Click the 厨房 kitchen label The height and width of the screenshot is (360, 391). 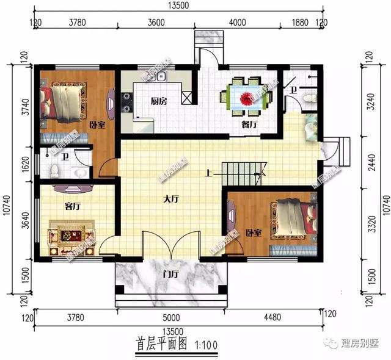(x=160, y=101)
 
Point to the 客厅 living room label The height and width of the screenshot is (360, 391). (x=73, y=207)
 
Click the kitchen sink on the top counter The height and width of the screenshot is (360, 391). (x=161, y=77)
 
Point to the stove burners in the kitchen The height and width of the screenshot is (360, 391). (x=127, y=101)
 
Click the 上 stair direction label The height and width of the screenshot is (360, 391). (x=209, y=173)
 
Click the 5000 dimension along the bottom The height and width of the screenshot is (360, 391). (x=170, y=317)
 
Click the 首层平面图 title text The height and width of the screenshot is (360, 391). (x=161, y=344)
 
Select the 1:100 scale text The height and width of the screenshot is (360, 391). (x=208, y=344)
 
